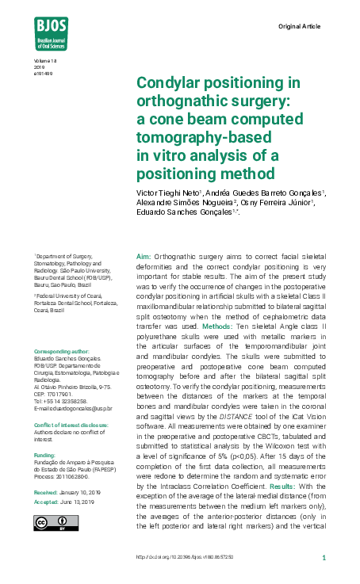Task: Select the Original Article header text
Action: point(299,26)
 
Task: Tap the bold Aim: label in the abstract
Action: point(144,258)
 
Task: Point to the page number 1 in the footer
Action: point(325,558)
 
